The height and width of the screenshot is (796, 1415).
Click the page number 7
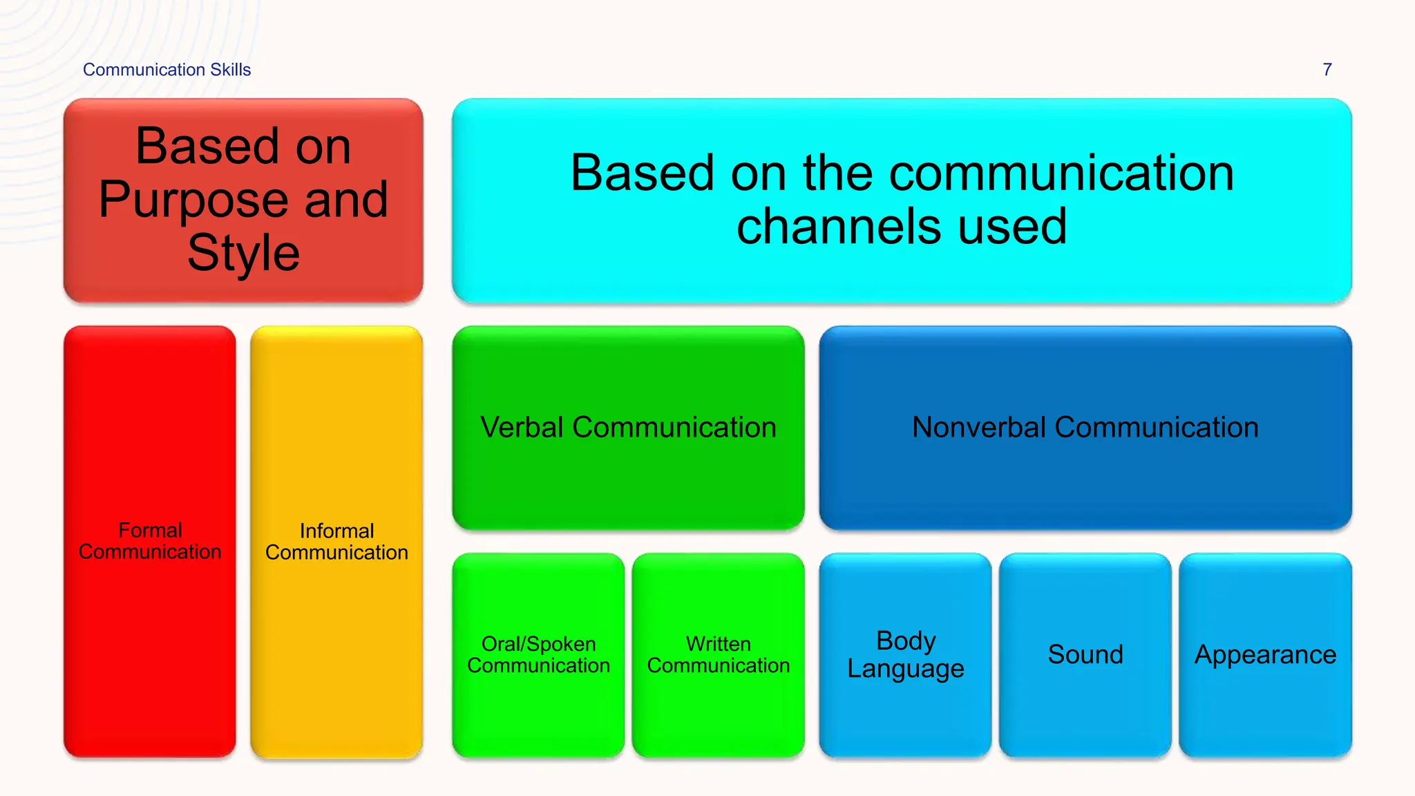(x=1327, y=70)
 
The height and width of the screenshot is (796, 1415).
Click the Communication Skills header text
(x=167, y=70)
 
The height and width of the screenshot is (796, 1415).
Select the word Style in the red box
(x=243, y=253)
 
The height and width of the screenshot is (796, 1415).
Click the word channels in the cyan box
(x=836, y=227)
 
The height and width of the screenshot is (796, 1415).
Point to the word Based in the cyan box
(x=643, y=173)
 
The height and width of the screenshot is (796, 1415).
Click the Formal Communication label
(x=150, y=541)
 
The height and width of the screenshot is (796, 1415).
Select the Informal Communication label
(x=336, y=542)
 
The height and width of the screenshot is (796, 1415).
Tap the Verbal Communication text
(x=628, y=427)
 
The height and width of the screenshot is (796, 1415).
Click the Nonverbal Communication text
(x=1085, y=427)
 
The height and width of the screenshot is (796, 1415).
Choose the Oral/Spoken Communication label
(x=538, y=654)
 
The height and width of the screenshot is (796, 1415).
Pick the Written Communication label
(x=718, y=654)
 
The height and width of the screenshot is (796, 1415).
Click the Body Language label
(x=905, y=654)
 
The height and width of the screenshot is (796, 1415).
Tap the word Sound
(x=1085, y=654)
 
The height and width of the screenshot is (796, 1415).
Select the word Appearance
(x=1265, y=654)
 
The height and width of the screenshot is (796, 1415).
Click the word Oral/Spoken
(x=538, y=644)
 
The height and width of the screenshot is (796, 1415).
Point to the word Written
(x=718, y=644)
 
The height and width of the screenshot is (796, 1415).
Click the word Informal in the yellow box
(x=336, y=531)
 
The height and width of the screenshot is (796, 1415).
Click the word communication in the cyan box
(x=1061, y=173)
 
